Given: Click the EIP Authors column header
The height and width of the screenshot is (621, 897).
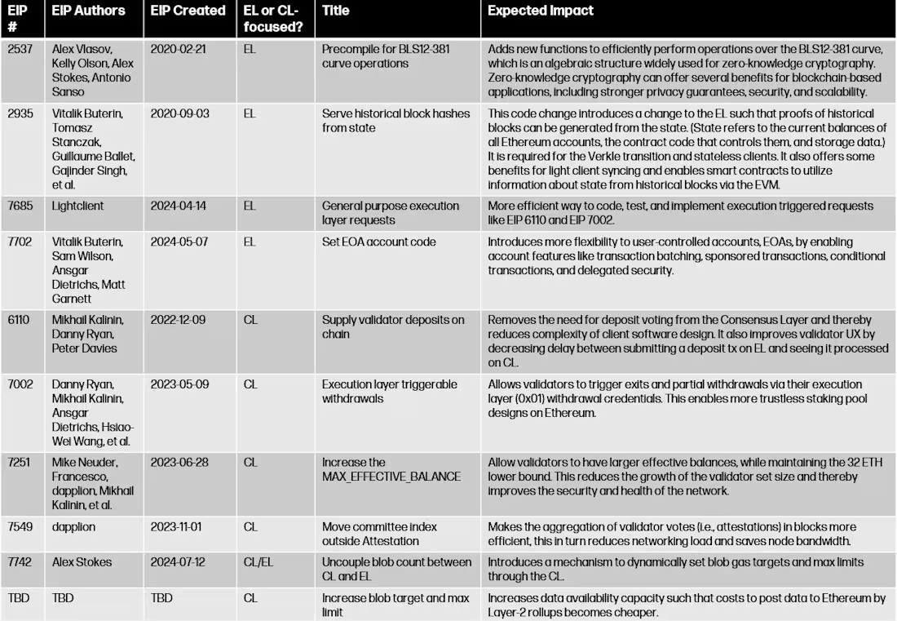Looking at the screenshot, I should (88, 11).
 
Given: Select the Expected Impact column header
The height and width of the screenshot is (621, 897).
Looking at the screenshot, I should (541, 11).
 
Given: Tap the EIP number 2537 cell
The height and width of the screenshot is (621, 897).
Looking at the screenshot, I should (20, 48).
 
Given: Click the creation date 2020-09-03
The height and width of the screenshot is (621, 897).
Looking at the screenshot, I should (179, 113).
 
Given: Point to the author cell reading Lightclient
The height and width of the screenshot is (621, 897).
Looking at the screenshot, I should (77, 206).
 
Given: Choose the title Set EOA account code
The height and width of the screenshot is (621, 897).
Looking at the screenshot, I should (378, 242).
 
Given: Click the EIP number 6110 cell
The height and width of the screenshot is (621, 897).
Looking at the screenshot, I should (19, 320).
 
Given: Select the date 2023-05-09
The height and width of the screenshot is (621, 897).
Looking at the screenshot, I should (179, 384).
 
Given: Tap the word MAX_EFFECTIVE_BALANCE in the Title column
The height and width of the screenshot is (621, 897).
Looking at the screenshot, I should (391, 477).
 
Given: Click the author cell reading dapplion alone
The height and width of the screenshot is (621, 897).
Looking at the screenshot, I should (73, 527).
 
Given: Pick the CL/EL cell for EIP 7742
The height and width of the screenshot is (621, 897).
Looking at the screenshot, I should (258, 562).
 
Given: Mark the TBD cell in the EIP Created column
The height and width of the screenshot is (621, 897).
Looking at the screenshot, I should (161, 598).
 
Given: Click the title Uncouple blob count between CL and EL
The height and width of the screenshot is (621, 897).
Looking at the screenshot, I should (396, 569).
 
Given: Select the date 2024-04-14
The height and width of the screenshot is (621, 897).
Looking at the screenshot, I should (179, 206).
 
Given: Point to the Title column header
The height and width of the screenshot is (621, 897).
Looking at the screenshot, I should (336, 11).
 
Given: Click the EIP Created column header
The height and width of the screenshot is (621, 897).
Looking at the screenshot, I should (188, 11).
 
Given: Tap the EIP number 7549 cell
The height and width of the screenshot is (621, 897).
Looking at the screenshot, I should (20, 527).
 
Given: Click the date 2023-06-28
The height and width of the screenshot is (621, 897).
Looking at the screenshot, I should (179, 462).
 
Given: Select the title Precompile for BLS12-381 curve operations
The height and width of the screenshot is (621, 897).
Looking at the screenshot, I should (386, 55).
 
